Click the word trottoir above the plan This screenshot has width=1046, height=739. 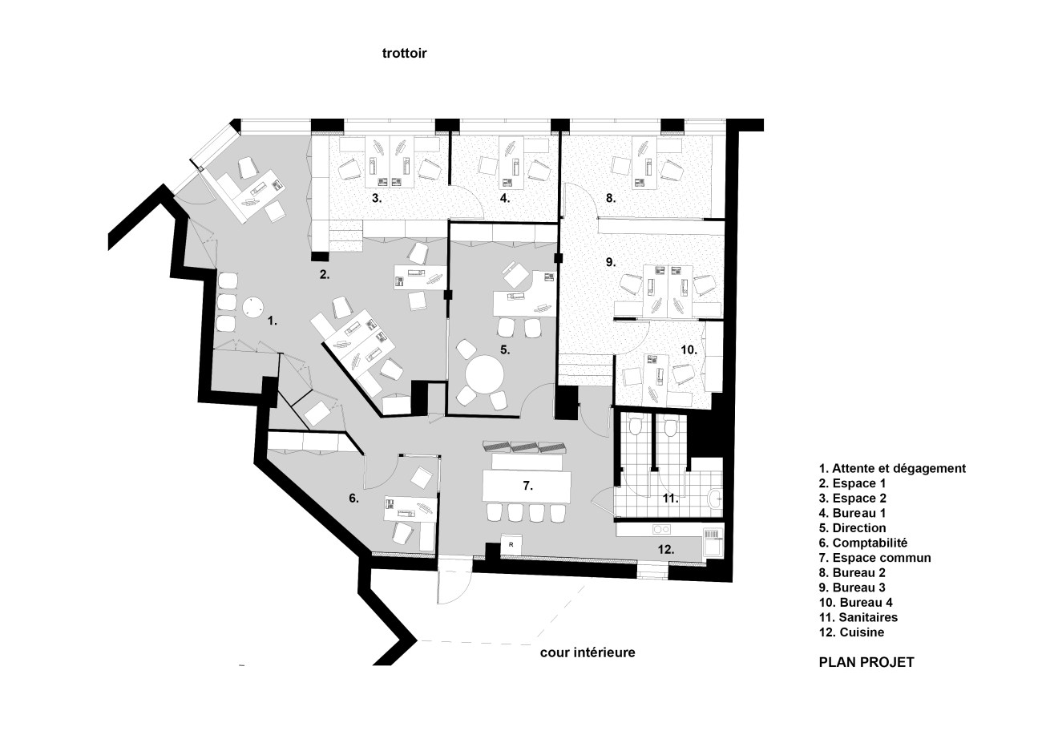tap(405, 53)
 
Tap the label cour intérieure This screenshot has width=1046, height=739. tap(588, 652)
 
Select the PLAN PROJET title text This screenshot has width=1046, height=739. tap(866, 662)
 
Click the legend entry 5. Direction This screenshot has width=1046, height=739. tap(852, 528)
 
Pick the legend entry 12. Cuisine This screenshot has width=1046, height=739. tap(851, 632)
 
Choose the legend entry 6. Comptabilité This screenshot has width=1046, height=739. tap(863, 543)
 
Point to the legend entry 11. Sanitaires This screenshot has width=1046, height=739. tap(858, 617)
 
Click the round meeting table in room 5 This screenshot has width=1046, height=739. tap(485, 374)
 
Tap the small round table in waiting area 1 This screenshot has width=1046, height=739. tap(252, 308)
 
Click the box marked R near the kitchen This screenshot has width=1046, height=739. tap(511, 545)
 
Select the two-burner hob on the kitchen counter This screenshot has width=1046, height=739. tap(662, 529)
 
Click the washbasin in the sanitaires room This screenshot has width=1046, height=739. tap(715, 499)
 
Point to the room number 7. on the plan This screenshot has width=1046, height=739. tap(527, 486)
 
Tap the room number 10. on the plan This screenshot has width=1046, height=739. tap(689, 349)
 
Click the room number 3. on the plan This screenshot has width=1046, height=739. tap(377, 198)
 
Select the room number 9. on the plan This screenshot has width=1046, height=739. tap(611, 262)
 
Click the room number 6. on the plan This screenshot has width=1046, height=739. tap(353, 499)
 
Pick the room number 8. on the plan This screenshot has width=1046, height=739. tap(611, 198)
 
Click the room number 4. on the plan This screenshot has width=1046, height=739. tap(505, 198)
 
